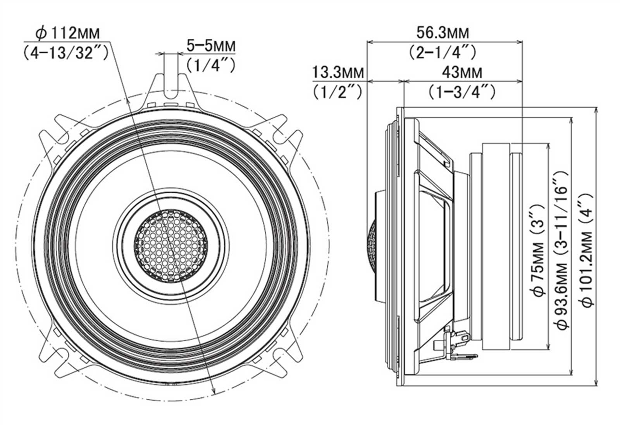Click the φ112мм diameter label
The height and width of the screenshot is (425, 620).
[67, 33]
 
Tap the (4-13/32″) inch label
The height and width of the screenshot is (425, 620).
[65, 52]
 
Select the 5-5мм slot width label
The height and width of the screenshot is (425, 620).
[211, 46]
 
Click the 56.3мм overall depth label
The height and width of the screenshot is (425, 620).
[443, 33]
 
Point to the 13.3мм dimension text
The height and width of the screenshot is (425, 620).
[338, 73]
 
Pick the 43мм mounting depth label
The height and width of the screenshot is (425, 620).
[462, 73]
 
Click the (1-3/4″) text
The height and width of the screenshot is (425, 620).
[462, 92]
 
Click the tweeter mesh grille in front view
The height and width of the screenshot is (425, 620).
[171, 246]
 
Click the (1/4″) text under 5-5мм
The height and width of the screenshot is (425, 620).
[211, 65]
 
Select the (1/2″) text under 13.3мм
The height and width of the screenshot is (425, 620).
[338, 92]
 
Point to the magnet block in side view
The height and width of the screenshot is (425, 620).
[496, 246]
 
